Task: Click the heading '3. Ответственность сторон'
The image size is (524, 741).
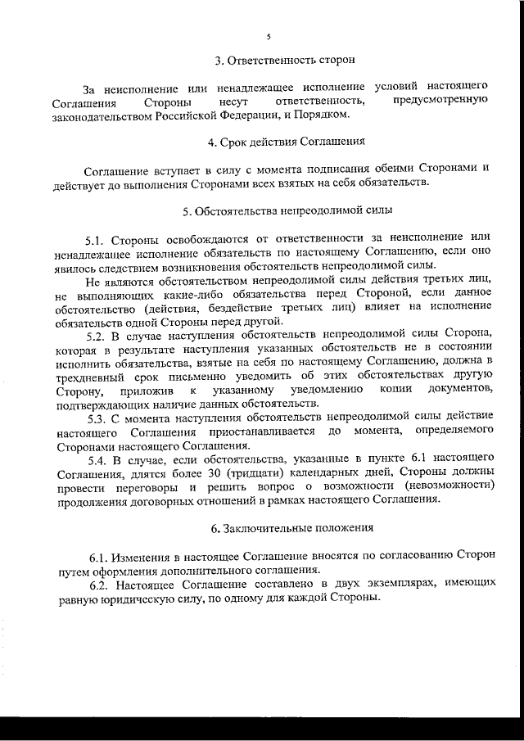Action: click(x=285, y=61)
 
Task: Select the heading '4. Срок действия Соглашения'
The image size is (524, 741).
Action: click(x=286, y=142)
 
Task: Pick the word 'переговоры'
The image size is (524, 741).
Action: click(x=141, y=489)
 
